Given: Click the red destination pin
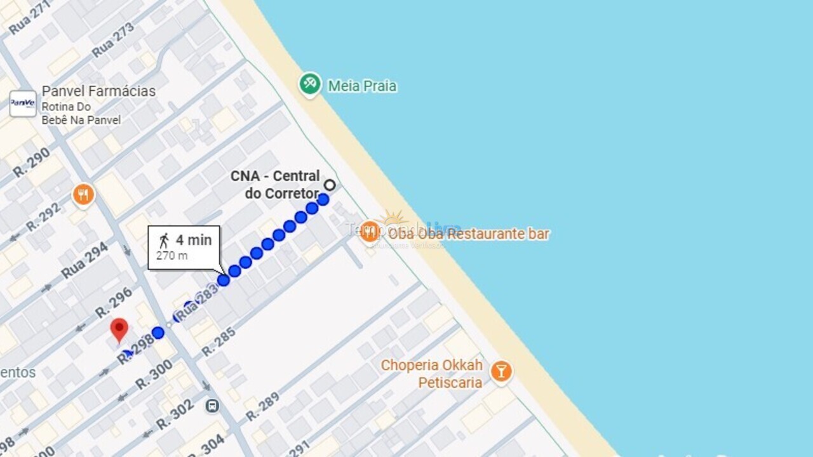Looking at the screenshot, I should (119, 329).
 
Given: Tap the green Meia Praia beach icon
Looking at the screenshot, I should (310, 84).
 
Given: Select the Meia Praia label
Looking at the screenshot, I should (362, 86).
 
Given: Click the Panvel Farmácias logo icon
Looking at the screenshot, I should (23, 103).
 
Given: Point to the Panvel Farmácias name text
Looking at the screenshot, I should (98, 91).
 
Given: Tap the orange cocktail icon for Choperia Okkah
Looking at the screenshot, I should (501, 371).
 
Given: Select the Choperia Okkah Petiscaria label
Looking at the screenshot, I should (431, 374).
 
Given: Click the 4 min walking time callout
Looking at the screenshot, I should (184, 247).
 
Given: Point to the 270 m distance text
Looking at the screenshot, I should (171, 256).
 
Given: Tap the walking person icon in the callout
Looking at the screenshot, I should (164, 241).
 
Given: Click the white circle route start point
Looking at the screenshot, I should (330, 185).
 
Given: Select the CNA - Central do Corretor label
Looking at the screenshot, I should (275, 184).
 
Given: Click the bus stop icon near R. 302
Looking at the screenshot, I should (212, 405).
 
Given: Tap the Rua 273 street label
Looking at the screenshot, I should (113, 39).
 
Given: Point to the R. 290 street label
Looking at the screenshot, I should (31, 162).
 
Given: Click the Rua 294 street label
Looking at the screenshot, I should (85, 261).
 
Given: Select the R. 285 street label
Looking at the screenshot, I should (219, 341).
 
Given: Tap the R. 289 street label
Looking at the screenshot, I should (262, 407).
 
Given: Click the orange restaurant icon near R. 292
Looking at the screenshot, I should (83, 195).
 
